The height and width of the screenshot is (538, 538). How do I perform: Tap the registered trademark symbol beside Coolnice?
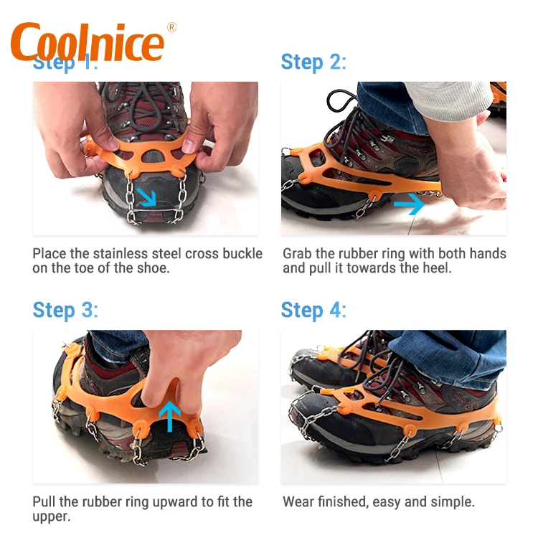pos(171,27)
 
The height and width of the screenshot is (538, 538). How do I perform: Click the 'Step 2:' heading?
pos(313,62)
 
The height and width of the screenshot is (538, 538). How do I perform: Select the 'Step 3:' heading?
pos(65,311)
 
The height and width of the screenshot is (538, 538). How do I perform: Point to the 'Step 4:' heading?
pos(313,311)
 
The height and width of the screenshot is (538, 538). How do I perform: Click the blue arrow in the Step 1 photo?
pos(146,196)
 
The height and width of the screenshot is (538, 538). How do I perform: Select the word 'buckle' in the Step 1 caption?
pos(242,254)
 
